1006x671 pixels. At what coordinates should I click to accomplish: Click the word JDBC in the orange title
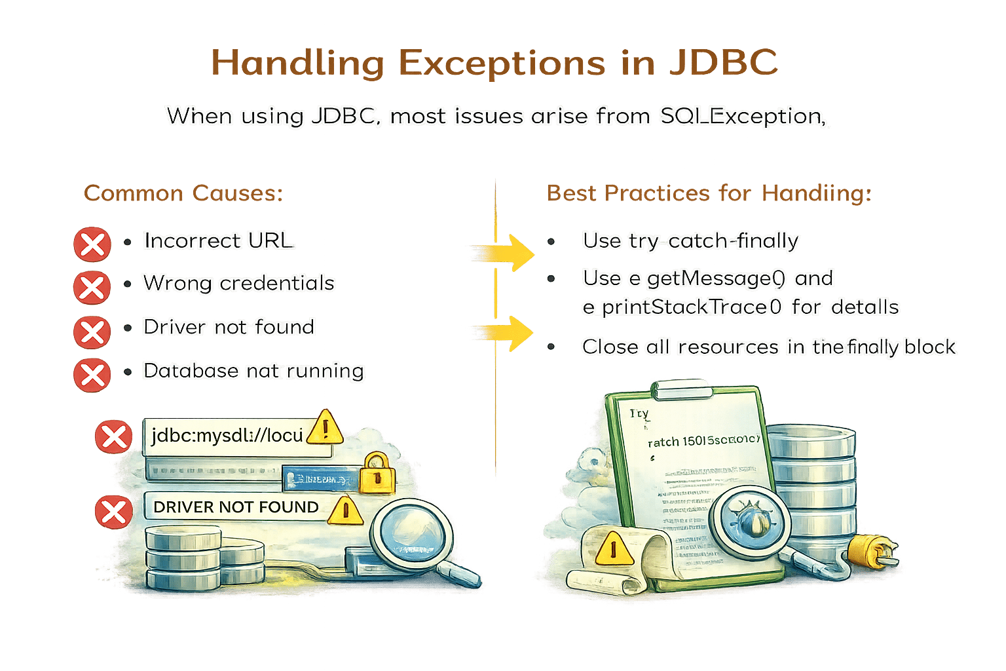coord(724,64)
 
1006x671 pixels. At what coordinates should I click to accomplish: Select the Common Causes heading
coord(183,193)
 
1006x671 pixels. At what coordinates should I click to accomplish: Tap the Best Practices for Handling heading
coord(709,193)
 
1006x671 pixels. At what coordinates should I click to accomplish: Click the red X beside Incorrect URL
coord(92,244)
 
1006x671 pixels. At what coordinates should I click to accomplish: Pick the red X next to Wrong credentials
coord(92,287)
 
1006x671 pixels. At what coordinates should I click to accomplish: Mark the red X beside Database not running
coord(92,375)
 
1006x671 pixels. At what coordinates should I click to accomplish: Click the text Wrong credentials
coord(239,283)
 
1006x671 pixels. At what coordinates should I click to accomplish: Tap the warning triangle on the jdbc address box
coord(325,427)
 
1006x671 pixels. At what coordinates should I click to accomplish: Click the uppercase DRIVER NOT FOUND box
coord(236,507)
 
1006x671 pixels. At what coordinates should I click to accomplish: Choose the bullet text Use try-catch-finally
coord(690,241)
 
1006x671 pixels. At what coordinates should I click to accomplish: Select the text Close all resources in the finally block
coord(769,347)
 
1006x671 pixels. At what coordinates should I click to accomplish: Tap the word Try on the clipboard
coord(639,414)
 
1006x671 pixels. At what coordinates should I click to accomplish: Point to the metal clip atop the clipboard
coord(683,391)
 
